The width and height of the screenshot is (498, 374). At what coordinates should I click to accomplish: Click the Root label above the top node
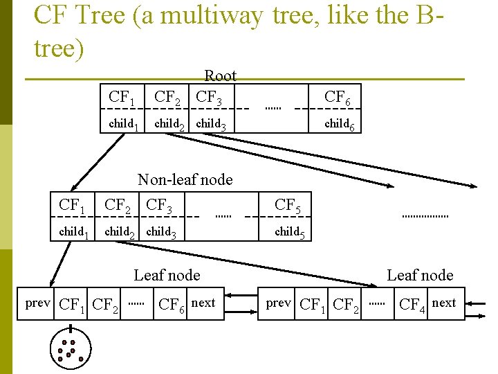[x=220, y=76]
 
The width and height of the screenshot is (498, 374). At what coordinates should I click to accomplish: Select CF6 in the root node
[x=337, y=98]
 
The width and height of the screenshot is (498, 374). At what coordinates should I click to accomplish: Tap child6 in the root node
[x=340, y=125]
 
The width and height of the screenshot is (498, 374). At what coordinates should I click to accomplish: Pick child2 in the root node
[x=169, y=125]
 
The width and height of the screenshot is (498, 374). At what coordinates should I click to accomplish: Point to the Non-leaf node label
[x=185, y=180]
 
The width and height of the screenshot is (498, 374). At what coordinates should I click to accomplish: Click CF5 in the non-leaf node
[x=288, y=206]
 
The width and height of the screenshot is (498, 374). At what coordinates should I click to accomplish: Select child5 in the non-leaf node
[x=290, y=232]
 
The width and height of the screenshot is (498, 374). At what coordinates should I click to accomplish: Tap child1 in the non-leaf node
[x=73, y=232]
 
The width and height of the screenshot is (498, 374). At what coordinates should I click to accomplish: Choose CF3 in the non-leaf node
[x=160, y=206]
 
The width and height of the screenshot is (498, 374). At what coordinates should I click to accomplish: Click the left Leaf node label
[x=167, y=275]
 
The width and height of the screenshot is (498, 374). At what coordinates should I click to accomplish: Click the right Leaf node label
[x=420, y=275]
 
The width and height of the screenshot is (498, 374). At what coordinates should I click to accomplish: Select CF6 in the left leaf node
[x=172, y=304]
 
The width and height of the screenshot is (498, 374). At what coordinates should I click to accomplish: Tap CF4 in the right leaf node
[x=413, y=304]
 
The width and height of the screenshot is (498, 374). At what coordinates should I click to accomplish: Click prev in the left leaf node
[x=37, y=303]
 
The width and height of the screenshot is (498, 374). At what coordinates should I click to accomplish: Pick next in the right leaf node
[x=443, y=303]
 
